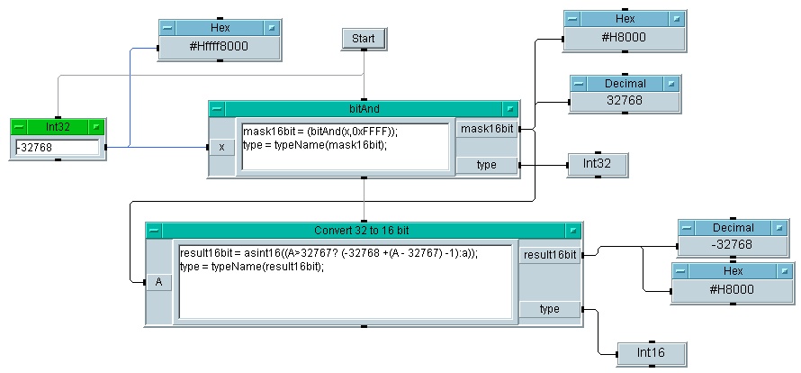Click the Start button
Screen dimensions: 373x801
coord(364,39)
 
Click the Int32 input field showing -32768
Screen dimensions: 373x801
coord(57,147)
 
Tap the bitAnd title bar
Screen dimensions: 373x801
coord(364,109)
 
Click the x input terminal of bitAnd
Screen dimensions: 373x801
coord(221,147)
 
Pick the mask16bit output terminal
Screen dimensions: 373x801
coord(487,130)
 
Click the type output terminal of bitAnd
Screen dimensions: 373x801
coord(487,165)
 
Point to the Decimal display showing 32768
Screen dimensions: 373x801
coord(624,101)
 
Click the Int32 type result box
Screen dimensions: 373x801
coord(597,165)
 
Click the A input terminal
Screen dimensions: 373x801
coord(158,282)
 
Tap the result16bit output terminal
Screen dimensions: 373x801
coord(549,255)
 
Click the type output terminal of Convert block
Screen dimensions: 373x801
coord(549,309)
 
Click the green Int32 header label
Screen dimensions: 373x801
coord(57,127)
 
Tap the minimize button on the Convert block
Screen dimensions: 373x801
coord(155,231)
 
